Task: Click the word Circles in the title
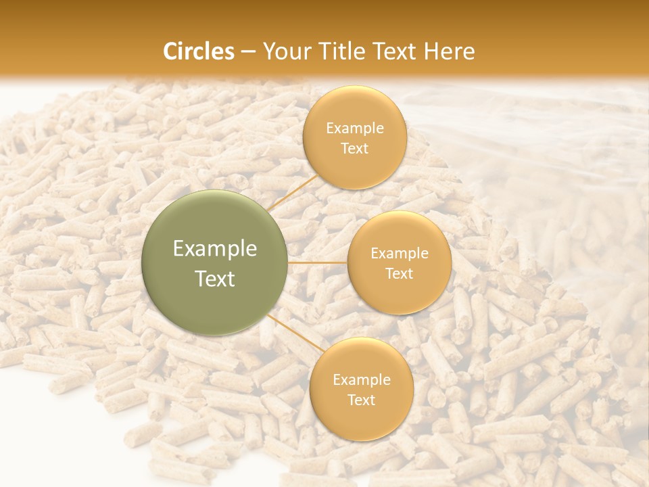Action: coord(199,51)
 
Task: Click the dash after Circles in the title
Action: coord(248,52)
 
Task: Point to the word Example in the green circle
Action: coord(215,249)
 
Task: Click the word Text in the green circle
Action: coord(215,279)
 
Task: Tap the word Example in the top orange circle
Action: coord(355,129)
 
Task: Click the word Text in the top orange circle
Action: coord(355,148)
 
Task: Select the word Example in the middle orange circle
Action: coord(400,254)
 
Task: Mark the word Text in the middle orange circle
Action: coord(400,273)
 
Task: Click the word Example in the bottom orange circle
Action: coord(362,380)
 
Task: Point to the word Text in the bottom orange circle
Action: coord(362,400)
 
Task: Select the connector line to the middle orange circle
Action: coord(318,262)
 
